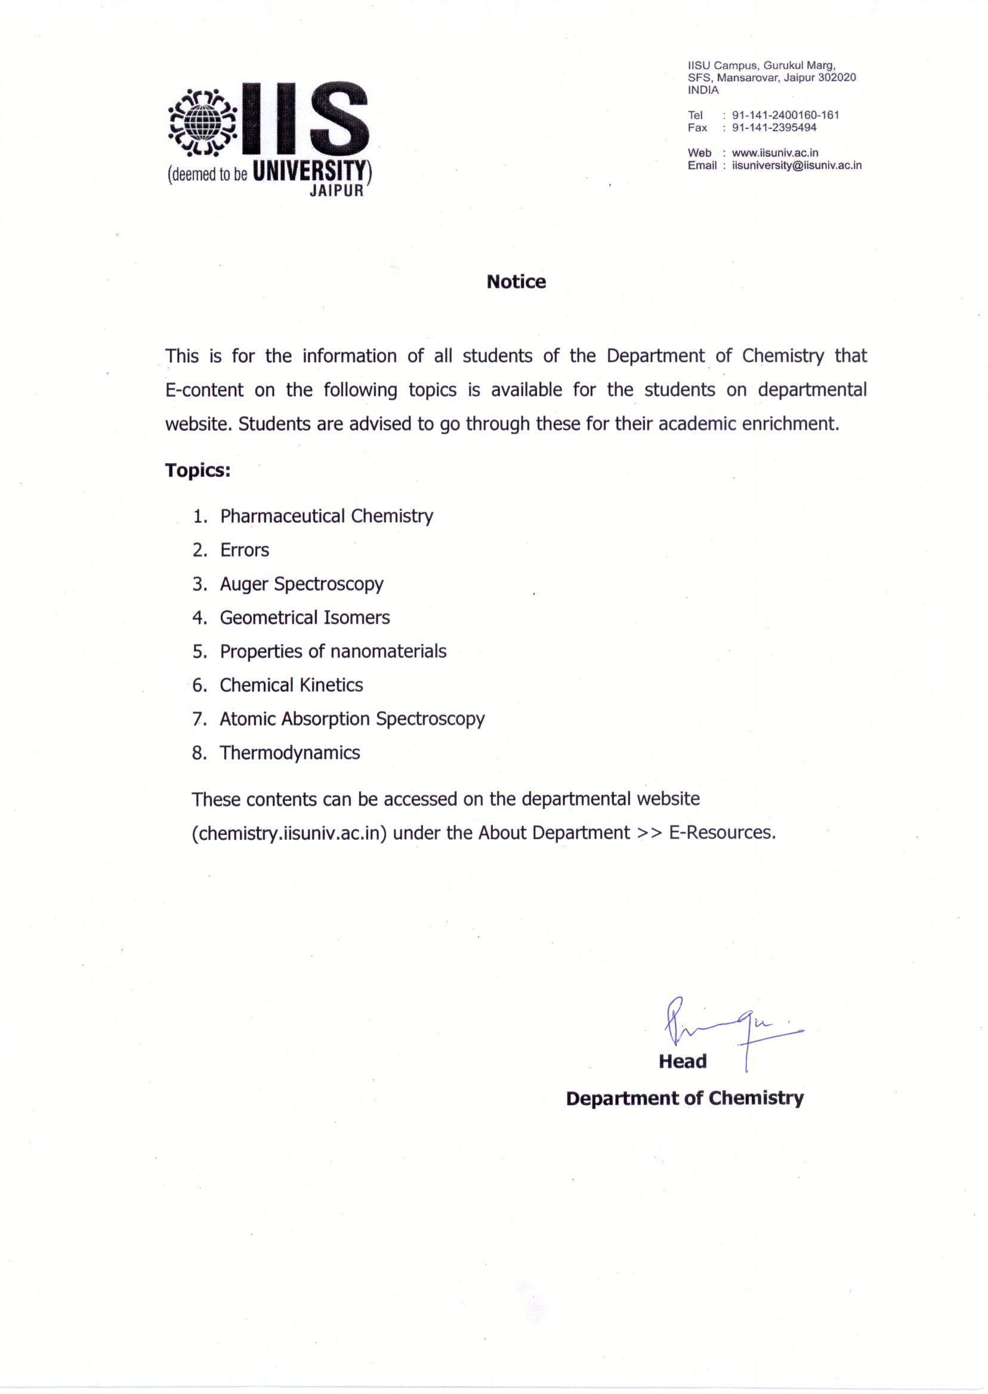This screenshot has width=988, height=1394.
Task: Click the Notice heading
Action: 516,282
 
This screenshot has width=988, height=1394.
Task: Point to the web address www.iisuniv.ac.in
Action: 775,153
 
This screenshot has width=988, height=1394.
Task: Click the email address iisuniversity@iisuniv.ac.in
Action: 797,165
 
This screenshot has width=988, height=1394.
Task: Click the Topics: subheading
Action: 197,471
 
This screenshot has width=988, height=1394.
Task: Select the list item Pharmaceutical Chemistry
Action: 326,516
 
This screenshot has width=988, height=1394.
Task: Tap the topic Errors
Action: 244,550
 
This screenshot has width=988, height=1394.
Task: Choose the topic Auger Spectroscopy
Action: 301,584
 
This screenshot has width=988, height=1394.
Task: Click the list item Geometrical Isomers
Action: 304,618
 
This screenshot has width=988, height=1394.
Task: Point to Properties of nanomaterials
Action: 333,652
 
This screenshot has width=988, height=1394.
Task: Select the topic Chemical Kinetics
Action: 291,685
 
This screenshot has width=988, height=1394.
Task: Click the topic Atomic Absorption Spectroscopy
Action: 351,719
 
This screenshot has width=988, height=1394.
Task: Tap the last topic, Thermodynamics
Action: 289,753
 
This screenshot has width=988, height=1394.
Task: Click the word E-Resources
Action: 721,832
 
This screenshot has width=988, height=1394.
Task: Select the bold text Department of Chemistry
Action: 684,1098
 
